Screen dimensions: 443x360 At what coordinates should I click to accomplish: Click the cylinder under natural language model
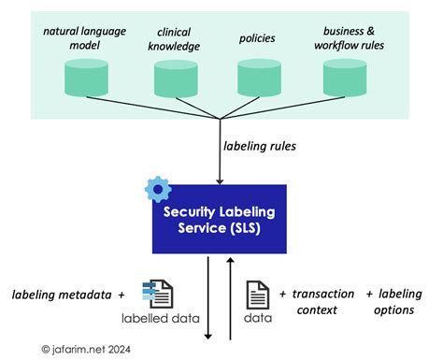86,78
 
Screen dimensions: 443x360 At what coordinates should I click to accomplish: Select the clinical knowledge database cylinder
176,79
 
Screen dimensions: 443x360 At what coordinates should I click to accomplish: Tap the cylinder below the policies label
259,78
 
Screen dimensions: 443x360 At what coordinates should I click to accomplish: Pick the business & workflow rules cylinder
345,78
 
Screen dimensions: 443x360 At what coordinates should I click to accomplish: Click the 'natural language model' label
85,38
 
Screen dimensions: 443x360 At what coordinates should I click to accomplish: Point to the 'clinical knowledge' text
174,39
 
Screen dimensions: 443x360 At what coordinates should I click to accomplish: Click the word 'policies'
257,38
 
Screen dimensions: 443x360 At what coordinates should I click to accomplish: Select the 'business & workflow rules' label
349,38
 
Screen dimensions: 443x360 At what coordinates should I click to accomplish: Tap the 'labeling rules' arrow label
260,146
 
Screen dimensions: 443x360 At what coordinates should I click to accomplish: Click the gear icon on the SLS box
158,189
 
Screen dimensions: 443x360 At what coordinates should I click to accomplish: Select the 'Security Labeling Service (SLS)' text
220,220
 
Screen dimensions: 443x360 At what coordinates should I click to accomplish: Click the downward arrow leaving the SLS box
208,298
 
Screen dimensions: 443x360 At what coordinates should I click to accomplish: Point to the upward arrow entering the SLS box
230,298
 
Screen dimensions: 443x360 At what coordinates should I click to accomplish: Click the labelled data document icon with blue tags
158,294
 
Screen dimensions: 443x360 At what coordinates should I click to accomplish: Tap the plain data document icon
258,295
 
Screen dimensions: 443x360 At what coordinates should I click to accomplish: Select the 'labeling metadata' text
62,295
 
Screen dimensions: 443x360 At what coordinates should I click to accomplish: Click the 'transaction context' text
323,302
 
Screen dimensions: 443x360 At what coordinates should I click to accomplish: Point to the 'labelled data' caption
161,318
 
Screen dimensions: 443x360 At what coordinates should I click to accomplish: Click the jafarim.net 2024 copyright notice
86,350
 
